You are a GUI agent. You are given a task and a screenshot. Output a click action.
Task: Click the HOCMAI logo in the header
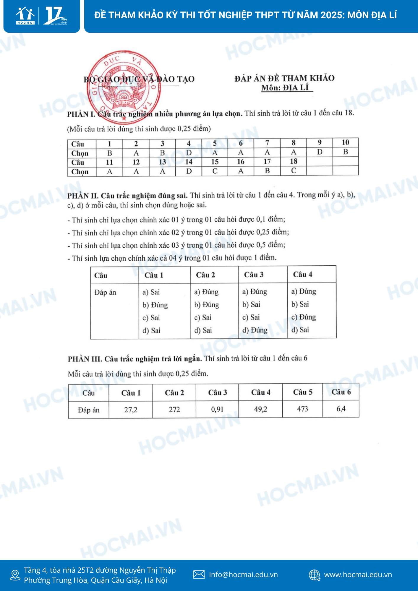coord(26,16)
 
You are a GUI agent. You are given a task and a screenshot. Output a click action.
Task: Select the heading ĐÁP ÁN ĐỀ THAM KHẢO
coord(284,78)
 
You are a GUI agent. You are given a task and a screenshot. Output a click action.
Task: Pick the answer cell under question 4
coord(189,153)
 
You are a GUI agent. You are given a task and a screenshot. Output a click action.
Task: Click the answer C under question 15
coord(215,171)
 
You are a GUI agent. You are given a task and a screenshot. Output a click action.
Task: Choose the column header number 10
coord(345,143)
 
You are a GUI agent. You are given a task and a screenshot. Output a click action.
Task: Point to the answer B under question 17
coord(267,171)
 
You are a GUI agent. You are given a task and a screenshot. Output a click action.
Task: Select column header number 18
coord(293,161)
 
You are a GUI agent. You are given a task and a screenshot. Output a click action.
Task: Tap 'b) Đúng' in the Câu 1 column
coord(155,305)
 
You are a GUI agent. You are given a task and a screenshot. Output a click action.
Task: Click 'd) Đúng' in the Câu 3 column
coord(255,330)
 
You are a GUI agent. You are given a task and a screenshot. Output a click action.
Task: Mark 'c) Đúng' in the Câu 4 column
coord(304,317)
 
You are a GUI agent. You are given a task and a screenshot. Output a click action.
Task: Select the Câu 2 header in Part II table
coord(205,275)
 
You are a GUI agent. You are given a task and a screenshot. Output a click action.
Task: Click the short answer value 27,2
coord(131,410)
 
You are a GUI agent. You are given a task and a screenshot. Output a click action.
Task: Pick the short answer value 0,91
coord(217,409)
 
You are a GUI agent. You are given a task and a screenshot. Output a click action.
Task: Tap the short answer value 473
coord(302,409)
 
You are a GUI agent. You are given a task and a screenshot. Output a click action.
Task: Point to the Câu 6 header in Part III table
coord(341,392)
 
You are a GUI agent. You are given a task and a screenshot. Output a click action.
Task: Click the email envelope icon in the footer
coord(199,574)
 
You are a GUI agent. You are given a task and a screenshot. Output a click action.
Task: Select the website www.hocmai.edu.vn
coord(358,575)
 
